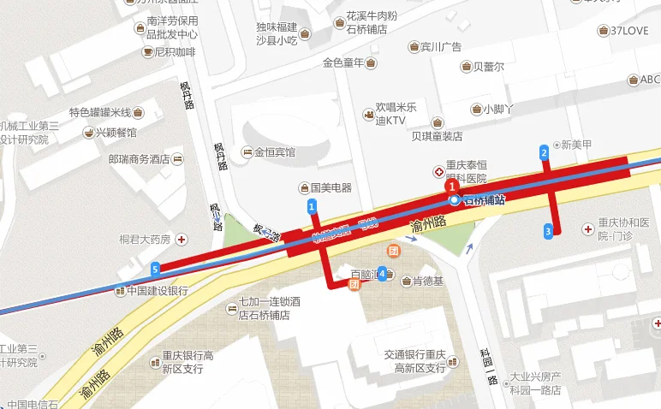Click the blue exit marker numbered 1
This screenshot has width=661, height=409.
(x=312, y=206)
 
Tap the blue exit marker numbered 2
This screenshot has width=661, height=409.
(x=544, y=153)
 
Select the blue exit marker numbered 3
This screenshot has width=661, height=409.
(x=548, y=230)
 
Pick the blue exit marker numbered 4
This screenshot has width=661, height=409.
(x=382, y=273)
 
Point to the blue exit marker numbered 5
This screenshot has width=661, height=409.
(x=155, y=270)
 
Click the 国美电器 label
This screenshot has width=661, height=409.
(x=330, y=187)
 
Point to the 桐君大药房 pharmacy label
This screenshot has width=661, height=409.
(x=146, y=239)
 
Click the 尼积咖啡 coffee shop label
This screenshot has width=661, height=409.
(x=176, y=52)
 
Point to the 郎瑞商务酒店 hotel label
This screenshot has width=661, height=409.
(x=140, y=158)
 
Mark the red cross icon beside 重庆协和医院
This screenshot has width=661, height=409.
(x=587, y=229)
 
